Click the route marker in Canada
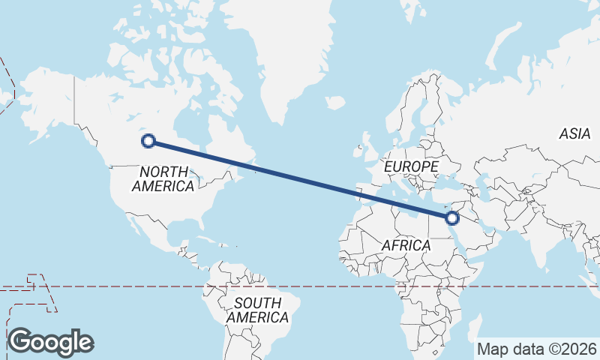coord(148,140)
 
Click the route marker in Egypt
coord(451,218)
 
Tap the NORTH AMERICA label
coord(163,178)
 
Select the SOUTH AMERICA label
coord(257,310)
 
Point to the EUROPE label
coord(410,166)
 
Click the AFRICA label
coord(406,245)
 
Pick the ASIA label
coord(574,134)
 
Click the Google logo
coord(50,342)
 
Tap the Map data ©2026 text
coord(536,349)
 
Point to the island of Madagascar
coord(473,328)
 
